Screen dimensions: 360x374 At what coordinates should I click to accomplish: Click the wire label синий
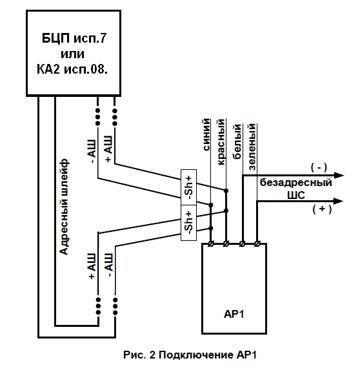pyautogui.click(x=207, y=134)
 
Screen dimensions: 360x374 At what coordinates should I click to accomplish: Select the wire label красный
pyautogui.click(x=221, y=141)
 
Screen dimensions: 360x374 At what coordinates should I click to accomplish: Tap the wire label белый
pyautogui.click(x=237, y=141)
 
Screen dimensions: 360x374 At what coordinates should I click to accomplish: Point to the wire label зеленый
pyautogui.click(x=252, y=147)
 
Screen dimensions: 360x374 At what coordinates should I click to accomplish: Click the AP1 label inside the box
pyautogui.click(x=234, y=314)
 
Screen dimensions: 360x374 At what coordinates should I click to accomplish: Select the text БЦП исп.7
pyautogui.click(x=74, y=38)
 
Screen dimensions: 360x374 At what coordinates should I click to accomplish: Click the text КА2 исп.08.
pyautogui.click(x=72, y=69)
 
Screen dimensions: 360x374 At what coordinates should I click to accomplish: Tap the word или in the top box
pyautogui.click(x=72, y=54)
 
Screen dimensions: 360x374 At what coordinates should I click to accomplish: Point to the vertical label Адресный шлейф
pyautogui.click(x=64, y=207)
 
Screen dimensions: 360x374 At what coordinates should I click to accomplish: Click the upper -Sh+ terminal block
pyautogui.click(x=188, y=187)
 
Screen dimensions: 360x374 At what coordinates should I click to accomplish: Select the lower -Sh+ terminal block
pyautogui.click(x=188, y=223)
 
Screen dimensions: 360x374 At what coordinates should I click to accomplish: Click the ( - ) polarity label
pyautogui.click(x=319, y=167)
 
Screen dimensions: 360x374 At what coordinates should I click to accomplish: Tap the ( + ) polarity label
pyautogui.click(x=322, y=209)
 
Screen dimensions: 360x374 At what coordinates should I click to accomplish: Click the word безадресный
pyautogui.click(x=296, y=183)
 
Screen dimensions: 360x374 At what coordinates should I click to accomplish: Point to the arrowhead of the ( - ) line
pyautogui.click(x=339, y=176)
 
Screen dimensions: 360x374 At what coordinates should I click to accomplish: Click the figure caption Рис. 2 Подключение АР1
pyautogui.click(x=190, y=355)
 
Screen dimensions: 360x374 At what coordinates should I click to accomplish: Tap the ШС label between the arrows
pyautogui.click(x=296, y=195)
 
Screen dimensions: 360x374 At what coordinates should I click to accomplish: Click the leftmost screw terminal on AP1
pyautogui.click(x=211, y=244)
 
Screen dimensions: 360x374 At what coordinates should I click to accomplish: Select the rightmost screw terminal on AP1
pyautogui.click(x=257, y=244)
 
